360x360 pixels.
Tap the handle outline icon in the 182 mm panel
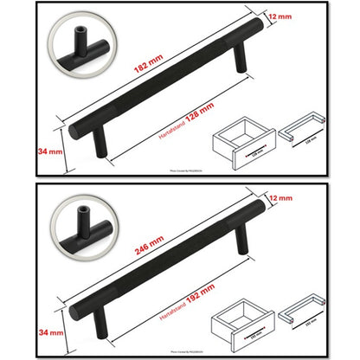click(x=304, y=131)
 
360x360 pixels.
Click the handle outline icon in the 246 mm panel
click(x=304, y=312)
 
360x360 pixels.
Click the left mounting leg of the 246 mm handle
click(x=100, y=325)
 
